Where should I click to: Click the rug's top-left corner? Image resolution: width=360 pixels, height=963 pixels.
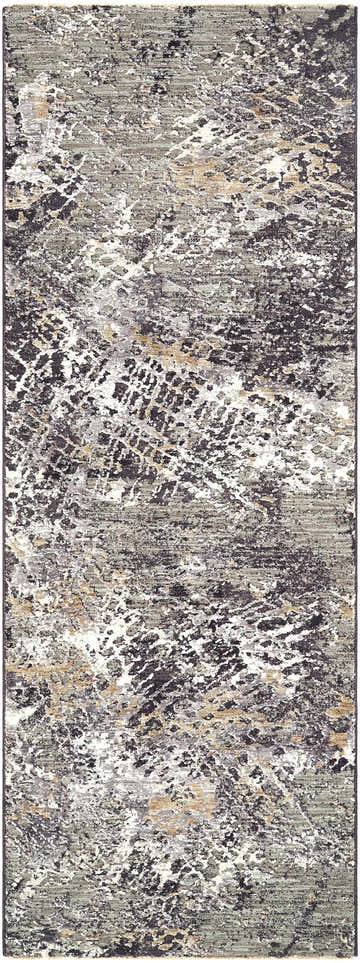(4, 4)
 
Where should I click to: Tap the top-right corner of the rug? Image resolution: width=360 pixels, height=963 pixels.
(356, 4)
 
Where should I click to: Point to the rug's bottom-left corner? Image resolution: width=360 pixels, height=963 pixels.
(4, 958)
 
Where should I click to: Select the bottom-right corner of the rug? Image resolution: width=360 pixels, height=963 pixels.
(356, 958)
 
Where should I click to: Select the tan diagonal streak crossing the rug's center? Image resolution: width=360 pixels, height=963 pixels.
(170, 350)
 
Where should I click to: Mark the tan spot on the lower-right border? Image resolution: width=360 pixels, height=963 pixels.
(340, 710)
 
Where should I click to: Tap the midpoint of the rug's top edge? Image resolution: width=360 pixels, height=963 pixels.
(180, 4)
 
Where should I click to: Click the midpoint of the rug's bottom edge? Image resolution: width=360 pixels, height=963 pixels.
(180, 958)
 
